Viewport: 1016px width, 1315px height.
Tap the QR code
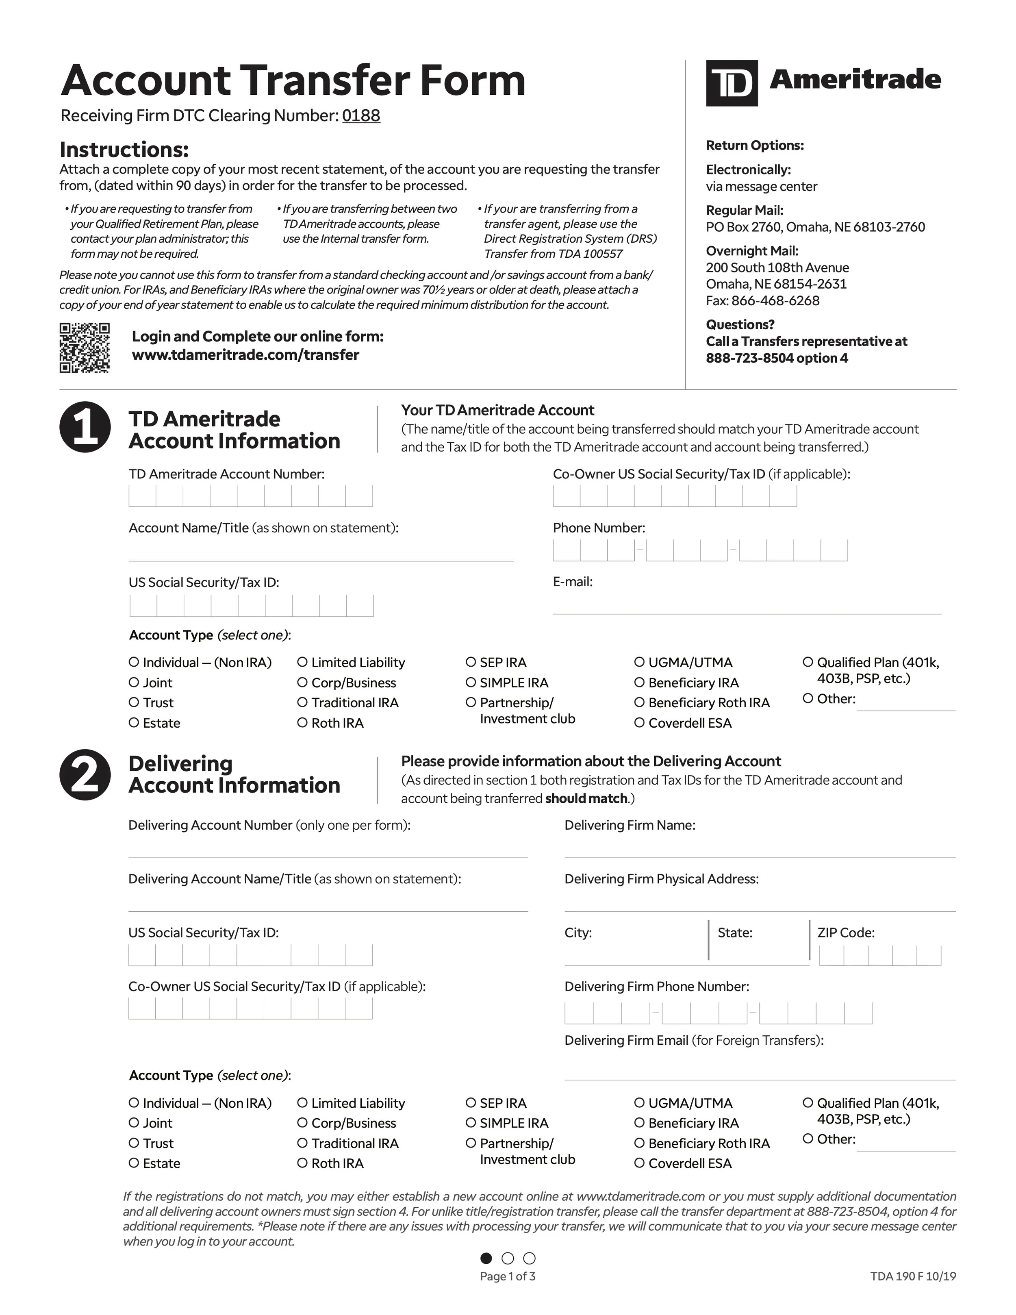tap(84, 348)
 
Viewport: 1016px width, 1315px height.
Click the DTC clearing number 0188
tap(361, 115)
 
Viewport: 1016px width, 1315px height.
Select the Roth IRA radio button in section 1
tap(302, 722)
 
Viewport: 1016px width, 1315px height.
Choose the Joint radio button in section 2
tap(134, 1122)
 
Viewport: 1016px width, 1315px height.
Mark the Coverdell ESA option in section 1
tap(639, 722)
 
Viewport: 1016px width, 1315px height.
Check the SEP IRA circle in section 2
tap(471, 1102)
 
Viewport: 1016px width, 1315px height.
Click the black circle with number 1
tap(85, 427)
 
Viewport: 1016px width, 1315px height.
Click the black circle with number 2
tap(85, 775)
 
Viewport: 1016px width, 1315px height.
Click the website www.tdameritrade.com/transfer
tap(245, 354)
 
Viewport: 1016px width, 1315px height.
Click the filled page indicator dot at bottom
tap(486, 1258)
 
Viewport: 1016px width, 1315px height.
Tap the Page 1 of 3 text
tap(508, 1276)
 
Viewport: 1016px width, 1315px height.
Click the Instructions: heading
tap(124, 149)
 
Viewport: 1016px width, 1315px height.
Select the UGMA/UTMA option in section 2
tap(639, 1102)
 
